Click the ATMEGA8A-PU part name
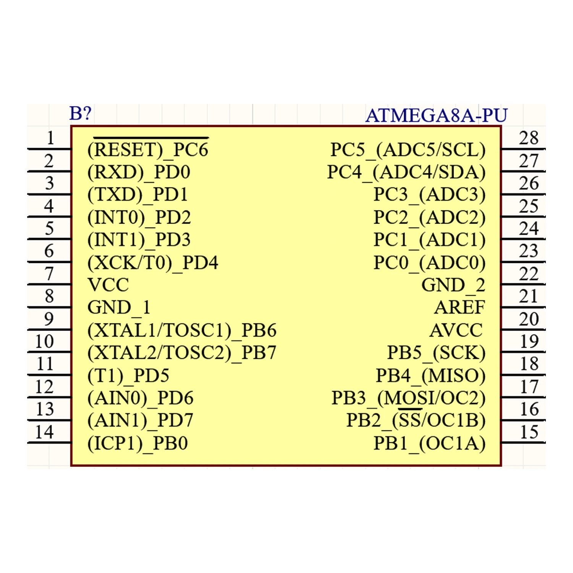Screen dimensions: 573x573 click(436, 115)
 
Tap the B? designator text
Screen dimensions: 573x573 click(81, 113)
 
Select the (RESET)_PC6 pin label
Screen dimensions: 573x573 click(148, 149)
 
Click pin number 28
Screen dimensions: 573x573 click(529, 138)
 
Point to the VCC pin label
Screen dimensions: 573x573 click(108, 285)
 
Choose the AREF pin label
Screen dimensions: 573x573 click(460, 308)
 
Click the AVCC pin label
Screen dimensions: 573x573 click(456, 330)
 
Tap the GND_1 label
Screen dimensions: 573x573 click(119, 308)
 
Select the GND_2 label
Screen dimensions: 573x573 click(453, 285)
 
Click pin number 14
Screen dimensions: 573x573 click(44, 432)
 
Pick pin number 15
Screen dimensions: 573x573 click(529, 432)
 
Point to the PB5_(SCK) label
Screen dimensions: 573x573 click(436, 353)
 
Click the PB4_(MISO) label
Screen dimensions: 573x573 click(431, 376)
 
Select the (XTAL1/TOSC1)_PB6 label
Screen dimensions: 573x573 click(182, 330)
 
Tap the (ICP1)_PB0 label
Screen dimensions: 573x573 click(138, 444)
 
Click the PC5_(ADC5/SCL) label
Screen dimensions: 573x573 click(408, 149)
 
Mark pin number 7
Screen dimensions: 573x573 click(49, 274)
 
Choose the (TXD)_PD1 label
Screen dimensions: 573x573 click(138, 194)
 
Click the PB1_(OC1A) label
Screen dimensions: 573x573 click(429, 444)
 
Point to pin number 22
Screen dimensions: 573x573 click(529, 274)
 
